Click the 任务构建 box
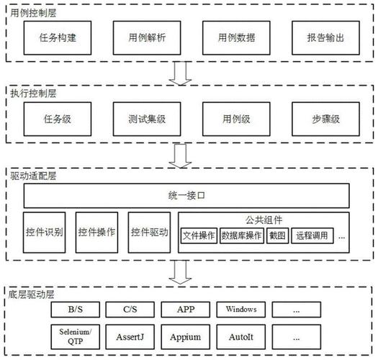click(x=58, y=38)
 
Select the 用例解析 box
click(x=147, y=38)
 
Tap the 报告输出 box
click(x=325, y=38)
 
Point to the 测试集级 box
click(x=147, y=119)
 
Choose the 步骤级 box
click(x=325, y=119)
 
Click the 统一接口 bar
click(x=186, y=196)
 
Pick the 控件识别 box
click(x=44, y=233)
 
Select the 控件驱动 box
click(x=149, y=233)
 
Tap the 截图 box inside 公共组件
click(x=277, y=235)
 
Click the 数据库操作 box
click(x=241, y=235)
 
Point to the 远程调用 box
click(x=312, y=235)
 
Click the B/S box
click(x=75, y=310)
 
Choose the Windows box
click(x=240, y=310)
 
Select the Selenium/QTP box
click(x=75, y=337)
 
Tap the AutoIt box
click(x=240, y=337)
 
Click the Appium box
click(x=185, y=337)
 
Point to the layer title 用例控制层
click(x=33, y=13)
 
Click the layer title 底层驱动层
click(x=31, y=294)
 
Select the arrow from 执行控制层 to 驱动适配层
click(x=180, y=156)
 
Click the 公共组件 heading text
click(x=264, y=220)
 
